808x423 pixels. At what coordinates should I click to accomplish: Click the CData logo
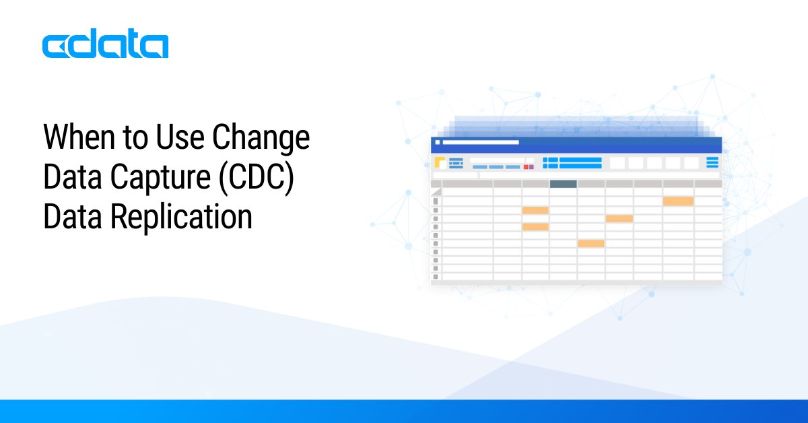coord(105,46)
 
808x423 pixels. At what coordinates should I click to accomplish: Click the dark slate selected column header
coord(563,184)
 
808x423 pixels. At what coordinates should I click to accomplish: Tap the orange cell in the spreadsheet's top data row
coord(678,201)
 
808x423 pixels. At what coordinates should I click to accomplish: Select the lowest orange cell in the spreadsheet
coord(591,243)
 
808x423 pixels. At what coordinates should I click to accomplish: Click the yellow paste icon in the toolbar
coord(440,162)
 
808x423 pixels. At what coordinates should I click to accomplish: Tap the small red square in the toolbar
coord(526,166)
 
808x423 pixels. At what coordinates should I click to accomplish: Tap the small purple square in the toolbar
coord(531,166)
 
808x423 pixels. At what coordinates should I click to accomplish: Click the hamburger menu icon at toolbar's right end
coord(712,162)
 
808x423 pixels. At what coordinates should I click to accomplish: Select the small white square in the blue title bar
coord(437,143)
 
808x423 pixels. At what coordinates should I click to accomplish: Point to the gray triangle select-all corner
coord(436,192)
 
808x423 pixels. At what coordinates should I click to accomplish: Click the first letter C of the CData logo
coord(55,46)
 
